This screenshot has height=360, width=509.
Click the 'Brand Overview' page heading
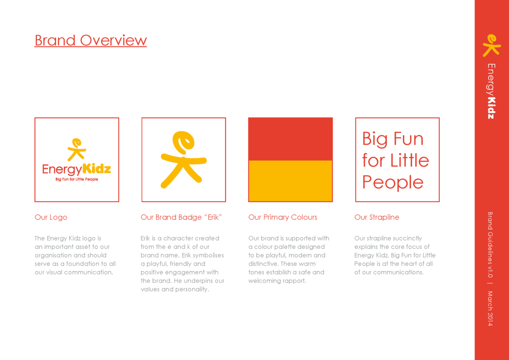(x=91, y=40)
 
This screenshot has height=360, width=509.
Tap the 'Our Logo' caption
(x=51, y=217)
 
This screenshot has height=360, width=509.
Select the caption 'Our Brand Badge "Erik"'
(x=181, y=217)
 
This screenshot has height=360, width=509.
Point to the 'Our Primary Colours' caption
(x=283, y=217)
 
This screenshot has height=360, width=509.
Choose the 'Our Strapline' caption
(x=377, y=217)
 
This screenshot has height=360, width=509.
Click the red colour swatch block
(x=290, y=139)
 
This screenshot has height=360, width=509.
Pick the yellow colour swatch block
(x=290, y=181)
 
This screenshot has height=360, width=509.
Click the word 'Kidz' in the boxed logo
(x=97, y=169)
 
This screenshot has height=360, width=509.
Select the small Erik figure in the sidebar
(x=491, y=45)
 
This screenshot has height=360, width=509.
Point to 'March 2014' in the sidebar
(x=490, y=308)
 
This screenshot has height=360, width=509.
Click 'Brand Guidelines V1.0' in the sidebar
(x=490, y=245)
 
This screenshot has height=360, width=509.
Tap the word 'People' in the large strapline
(x=393, y=183)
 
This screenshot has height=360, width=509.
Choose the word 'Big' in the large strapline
(x=374, y=139)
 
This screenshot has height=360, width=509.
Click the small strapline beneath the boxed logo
(x=77, y=179)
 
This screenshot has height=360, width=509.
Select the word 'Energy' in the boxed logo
(x=62, y=169)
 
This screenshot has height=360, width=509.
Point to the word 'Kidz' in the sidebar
(x=491, y=108)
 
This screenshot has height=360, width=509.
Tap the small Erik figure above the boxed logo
(x=77, y=150)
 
